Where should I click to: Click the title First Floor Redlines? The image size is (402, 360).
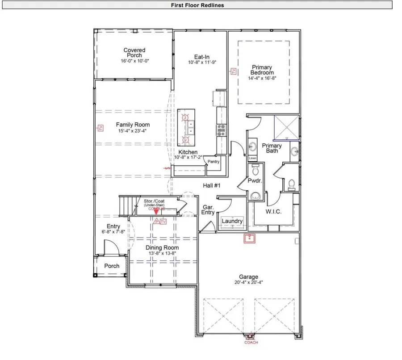coord(197,5)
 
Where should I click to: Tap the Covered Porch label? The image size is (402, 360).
coord(134,53)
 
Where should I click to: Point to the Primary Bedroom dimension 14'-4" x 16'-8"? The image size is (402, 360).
coord(262,78)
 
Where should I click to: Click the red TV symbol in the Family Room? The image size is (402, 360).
coord(100,128)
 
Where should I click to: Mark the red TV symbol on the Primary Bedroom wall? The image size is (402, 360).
coord(233,71)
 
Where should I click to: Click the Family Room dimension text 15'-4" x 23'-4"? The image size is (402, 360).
coord(132,131)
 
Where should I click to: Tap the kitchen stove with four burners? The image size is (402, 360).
coord(221,129)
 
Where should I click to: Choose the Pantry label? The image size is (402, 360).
coord(214,162)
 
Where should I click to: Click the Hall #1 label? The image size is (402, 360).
coord(212,185)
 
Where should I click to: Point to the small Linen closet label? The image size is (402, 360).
coord(253,159)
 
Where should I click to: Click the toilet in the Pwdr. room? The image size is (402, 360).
coord(255,170)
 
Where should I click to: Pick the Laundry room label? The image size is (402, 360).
coord(232,221)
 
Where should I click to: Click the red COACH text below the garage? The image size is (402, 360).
coord(251,343)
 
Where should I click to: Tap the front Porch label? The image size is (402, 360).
coord(112,266)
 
